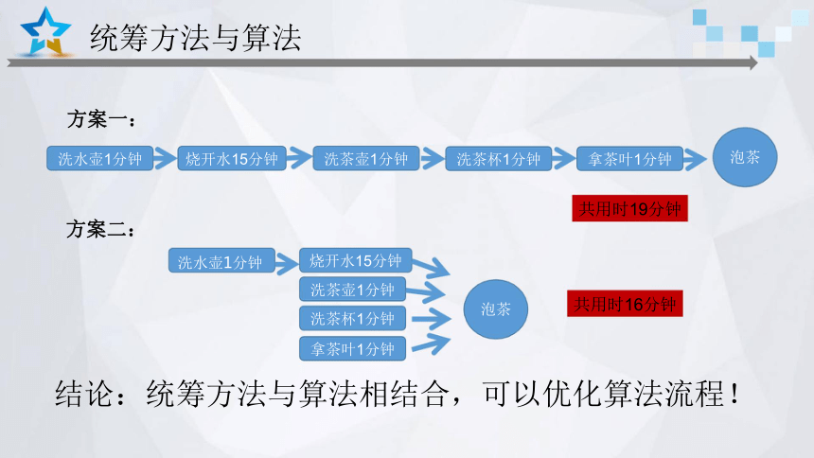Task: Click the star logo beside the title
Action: click(x=45, y=31)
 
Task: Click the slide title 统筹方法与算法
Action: click(x=196, y=38)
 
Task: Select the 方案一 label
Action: click(x=101, y=119)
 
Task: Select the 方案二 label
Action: click(x=100, y=229)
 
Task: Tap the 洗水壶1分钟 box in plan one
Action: click(x=99, y=158)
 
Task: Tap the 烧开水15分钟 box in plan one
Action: click(x=232, y=158)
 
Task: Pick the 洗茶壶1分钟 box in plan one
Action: click(x=366, y=158)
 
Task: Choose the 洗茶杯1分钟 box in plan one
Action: click(x=499, y=158)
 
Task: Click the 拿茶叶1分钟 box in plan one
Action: click(x=629, y=158)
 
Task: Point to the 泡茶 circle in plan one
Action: click(x=745, y=157)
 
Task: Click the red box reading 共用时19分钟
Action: click(x=629, y=208)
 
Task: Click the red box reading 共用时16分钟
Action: click(x=625, y=303)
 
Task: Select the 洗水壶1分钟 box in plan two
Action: click(x=221, y=260)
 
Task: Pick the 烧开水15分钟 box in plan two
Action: click(x=356, y=260)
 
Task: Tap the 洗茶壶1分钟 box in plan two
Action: click(x=352, y=290)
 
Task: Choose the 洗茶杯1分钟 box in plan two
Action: click(x=352, y=318)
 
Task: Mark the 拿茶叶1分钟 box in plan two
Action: click(x=352, y=348)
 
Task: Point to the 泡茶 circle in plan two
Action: click(x=496, y=309)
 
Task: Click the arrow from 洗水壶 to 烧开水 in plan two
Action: click(x=287, y=263)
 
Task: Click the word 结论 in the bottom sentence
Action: click(x=83, y=394)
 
